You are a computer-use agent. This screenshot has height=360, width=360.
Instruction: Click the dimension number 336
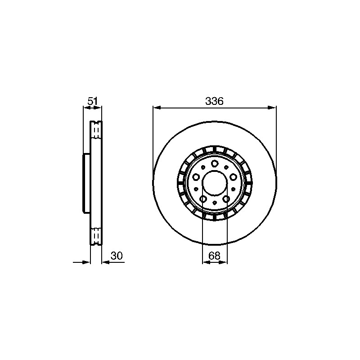pyautogui.click(x=214, y=101)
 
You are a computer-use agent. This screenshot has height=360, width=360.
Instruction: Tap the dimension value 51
pyautogui.click(x=93, y=101)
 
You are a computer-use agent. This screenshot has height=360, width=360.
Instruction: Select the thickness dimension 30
pyautogui.click(x=117, y=256)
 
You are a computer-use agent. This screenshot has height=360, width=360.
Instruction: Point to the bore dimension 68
pyautogui.click(x=215, y=256)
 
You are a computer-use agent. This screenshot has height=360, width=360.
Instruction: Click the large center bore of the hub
pyautogui.click(x=215, y=183)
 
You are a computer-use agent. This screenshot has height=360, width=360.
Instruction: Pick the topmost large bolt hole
pyautogui.click(x=215, y=164)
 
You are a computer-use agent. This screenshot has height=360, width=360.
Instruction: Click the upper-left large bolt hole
pyautogui.click(x=196, y=177)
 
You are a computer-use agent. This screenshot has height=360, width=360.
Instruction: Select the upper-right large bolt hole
pyautogui.click(x=233, y=177)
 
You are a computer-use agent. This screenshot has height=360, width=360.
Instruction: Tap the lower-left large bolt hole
pyautogui.click(x=203, y=199)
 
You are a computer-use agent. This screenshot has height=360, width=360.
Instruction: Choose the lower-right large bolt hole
pyautogui.click(x=226, y=199)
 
